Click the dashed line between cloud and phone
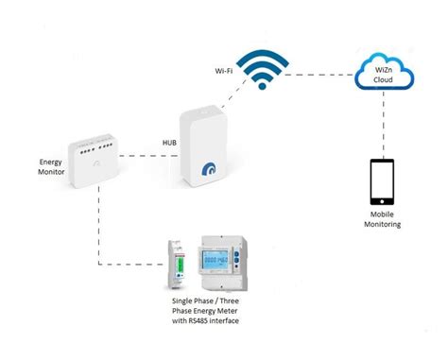(380, 123)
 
